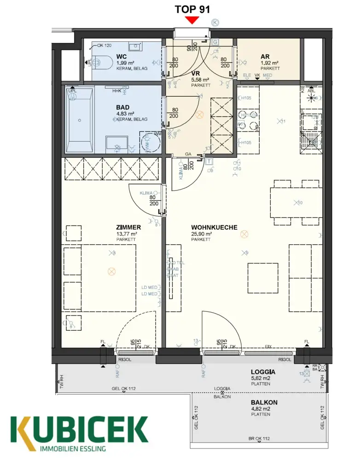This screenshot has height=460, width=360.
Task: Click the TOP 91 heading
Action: pyautogui.click(x=192, y=9)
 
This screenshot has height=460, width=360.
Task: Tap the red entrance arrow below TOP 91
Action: pyautogui.click(x=192, y=20)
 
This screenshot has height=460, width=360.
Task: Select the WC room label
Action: pyautogui.click(x=122, y=57)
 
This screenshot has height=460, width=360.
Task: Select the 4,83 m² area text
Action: pyautogui.click(x=125, y=114)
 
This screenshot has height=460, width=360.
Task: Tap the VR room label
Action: pyautogui.click(x=196, y=73)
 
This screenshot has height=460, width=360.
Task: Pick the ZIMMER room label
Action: pyautogui.click(x=128, y=227)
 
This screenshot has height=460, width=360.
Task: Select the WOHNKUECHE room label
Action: pyautogui.click(x=214, y=227)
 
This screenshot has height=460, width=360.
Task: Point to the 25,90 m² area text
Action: pyautogui.click(x=202, y=234)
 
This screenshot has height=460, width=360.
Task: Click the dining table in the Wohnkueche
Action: pyautogui.click(x=295, y=203)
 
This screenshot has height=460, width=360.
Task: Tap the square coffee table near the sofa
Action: pyautogui.click(x=262, y=277)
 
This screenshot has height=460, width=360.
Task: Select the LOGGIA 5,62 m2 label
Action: pyautogui.click(x=263, y=375)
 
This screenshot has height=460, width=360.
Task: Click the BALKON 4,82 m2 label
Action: pyautogui.click(x=264, y=405)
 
